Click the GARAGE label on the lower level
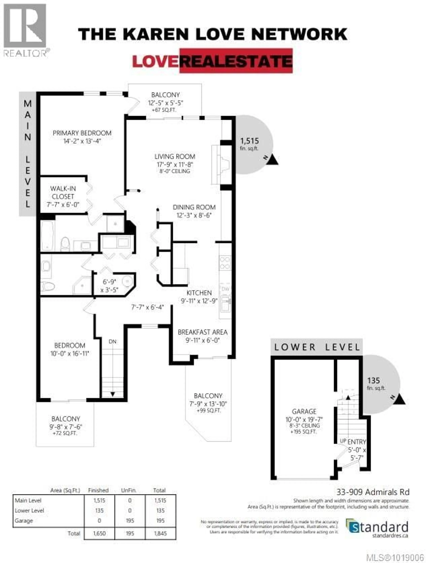click(x=304, y=411)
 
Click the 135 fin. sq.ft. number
click(x=373, y=381)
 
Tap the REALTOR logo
click(x=25, y=29)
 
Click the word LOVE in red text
click(x=155, y=62)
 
